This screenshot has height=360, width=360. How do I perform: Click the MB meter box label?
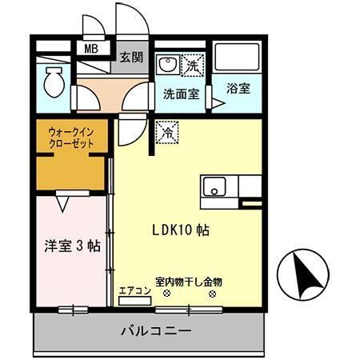pyautogui.click(x=92, y=48)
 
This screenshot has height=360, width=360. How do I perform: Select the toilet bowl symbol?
pyautogui.click(x=55, y=81)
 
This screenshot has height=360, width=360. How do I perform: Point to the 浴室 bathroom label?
pyautogui.click(x=238, y=86)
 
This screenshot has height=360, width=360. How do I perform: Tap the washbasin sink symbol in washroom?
pyautogui.click(x=168, y=64)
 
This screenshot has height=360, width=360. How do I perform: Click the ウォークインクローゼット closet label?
pyautogui.click(x=70, y=138)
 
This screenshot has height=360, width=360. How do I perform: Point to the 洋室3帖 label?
pyautogui.click(x=72, y=246)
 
